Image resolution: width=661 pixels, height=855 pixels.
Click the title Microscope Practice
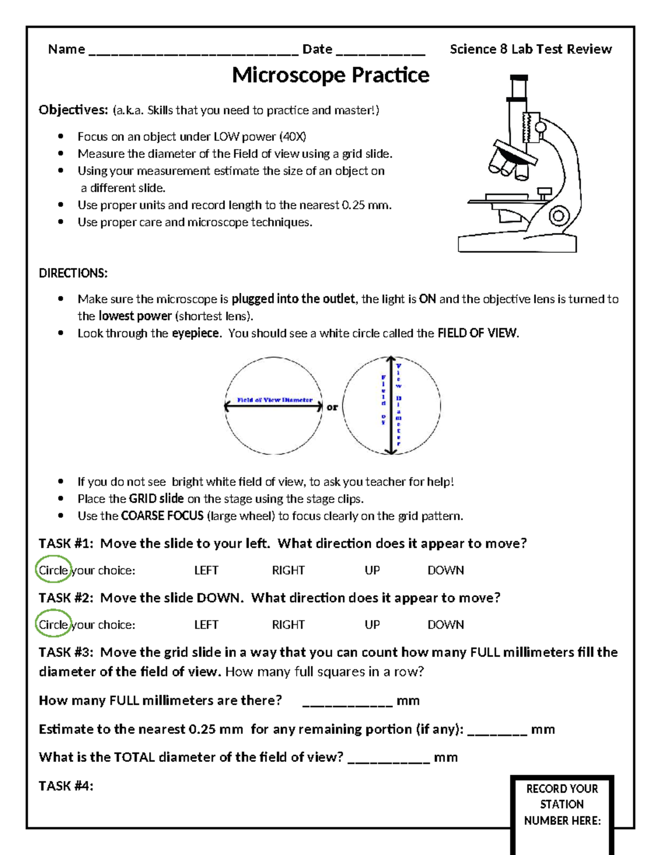tap(330, 75)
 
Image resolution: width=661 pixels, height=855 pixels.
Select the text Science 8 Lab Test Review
tap(530, 50)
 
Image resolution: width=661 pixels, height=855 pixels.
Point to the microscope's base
tap(517, 242)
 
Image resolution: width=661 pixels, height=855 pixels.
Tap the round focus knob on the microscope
tap(559, 216)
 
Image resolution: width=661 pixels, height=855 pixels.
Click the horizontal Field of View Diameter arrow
tap(273, 407)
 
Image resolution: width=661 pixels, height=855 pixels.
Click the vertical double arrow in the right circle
tap(391, 406)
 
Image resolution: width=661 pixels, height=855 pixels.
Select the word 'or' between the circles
tap(332, 407)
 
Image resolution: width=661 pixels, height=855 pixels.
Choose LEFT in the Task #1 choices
tap(206, 570)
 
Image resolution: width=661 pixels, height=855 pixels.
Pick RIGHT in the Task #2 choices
tap(288, 625)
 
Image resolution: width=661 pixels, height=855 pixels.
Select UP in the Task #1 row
tap(372, 570)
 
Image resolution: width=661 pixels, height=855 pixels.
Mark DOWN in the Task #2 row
tap(446, 625)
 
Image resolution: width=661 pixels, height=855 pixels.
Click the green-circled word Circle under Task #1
tap(53, 570)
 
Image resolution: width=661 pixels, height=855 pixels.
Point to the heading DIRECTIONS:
tap(73, 273)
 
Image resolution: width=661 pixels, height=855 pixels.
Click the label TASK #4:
tap(66, 786)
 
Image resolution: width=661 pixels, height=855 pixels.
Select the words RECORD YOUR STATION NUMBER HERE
tap(562, 804)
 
